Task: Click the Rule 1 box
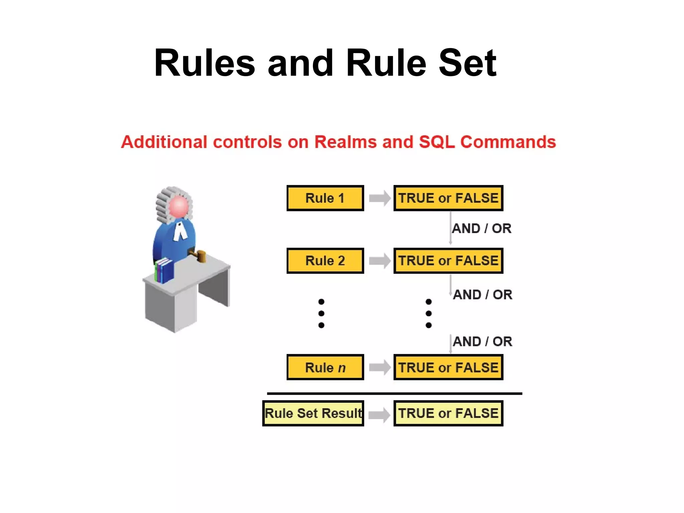(x=325, y=198)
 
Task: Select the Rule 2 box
(x=325, y=261)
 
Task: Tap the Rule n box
(x=325, y=367)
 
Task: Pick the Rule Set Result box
(x=313, y=413)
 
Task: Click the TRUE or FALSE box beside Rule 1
(x=448, y=198)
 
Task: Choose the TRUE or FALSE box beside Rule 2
(x=448, y=261)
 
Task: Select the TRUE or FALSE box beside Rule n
(x=448, y=367)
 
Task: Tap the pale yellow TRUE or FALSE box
(x=448, y=413)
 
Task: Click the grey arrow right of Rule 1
(x=379, y=198)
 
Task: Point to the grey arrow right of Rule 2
(x=379, y=261)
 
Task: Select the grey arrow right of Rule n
(x=379, y=367)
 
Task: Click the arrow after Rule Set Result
(x=379, y=415)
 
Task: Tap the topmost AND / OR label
(x=481, y=229)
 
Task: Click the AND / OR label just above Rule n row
(x=482, y=342)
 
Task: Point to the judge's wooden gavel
(x=200, y=256)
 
